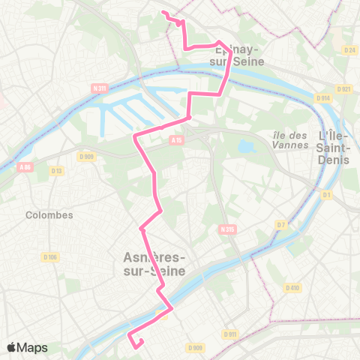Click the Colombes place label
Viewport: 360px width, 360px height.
point(49,214)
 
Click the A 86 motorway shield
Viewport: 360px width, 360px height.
point(25,167)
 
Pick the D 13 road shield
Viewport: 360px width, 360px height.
point(56,172)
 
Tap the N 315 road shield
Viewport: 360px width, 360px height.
point(227,229)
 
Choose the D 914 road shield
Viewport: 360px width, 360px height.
point(323,97)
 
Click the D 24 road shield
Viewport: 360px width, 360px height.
point(348,50)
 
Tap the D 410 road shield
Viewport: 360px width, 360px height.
point(292,287)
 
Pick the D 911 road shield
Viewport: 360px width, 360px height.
point(229,334)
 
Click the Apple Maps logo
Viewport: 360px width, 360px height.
point(28,348)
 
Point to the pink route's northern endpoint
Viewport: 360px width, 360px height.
point(163,12)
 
